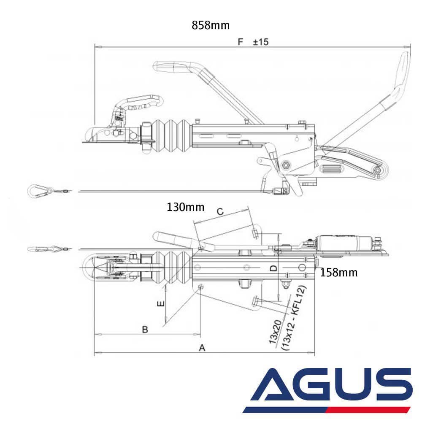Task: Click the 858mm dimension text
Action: (211, 25)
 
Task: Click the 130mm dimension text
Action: (185, 207)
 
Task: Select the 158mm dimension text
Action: (338, 273)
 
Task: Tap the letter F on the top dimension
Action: (241, 42)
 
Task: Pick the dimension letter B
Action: (144, 329)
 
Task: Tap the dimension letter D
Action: (273, 268)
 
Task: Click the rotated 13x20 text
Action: (277, 333)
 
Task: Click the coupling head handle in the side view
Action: (139, 102)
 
